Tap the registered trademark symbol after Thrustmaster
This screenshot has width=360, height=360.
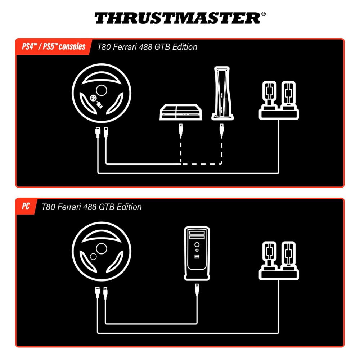coord(264,14)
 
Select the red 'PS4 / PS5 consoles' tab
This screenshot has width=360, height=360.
coord(54,46)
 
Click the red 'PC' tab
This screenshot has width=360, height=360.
coord(26,206)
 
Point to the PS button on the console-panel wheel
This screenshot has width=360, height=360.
coord(93,98)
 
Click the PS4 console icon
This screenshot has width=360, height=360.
coord(181,112)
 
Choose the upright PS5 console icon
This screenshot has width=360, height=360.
coord(222,93)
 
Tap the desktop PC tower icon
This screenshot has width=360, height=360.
coord(197,253)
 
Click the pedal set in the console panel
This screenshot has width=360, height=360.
coord(279,100)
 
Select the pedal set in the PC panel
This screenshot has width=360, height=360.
coord(279,261)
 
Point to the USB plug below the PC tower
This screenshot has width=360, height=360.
coord(197,290)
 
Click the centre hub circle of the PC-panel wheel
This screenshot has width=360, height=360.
coord(102,248)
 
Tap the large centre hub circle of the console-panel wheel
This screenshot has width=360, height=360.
coord(102,90)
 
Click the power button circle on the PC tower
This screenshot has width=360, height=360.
coord(197,244)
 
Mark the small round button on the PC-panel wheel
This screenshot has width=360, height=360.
coord(93,256)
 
